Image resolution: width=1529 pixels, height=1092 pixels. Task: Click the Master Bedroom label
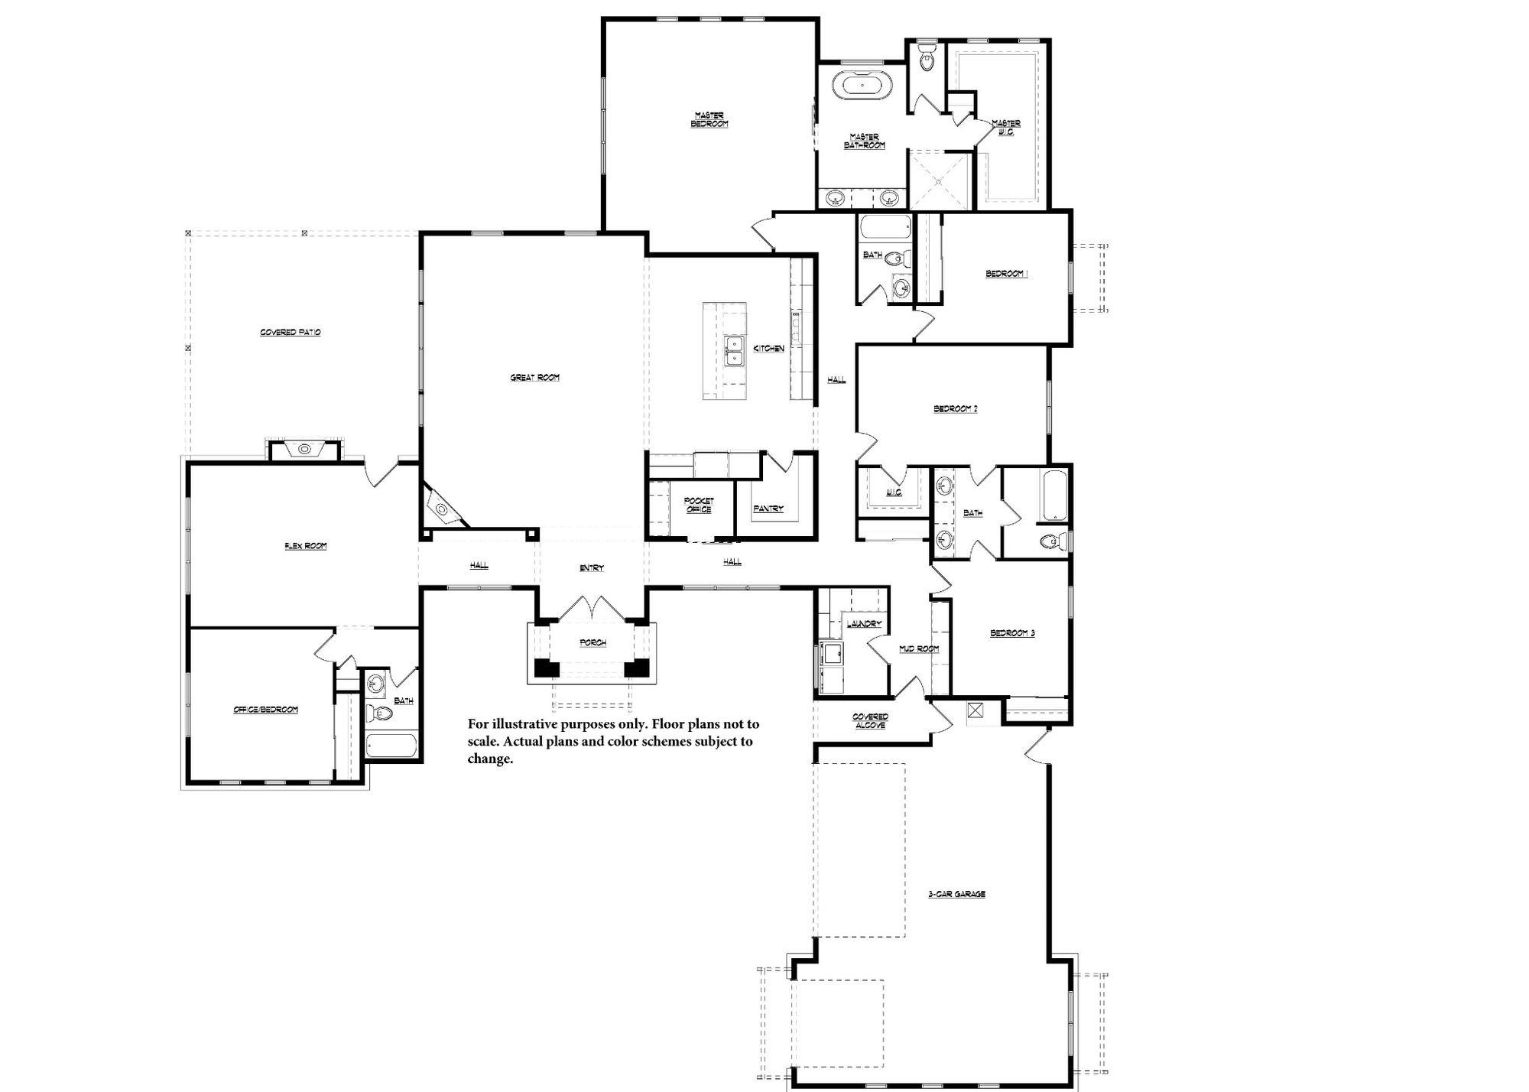(x=709, y=119)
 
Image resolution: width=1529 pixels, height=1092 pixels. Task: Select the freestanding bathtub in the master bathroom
(x=862, y=86)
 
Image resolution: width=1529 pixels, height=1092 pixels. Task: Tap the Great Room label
(x=535, y=377)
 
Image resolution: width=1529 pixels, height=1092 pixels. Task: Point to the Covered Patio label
(x=291, y=333)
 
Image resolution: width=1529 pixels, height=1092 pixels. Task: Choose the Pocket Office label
(x=699, y=505)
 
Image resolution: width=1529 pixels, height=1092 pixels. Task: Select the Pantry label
(x=768, y=509)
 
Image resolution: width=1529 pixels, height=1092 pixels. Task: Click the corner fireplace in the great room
(x=441, y=506)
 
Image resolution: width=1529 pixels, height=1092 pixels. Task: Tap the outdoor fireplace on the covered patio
(x=304, y=449)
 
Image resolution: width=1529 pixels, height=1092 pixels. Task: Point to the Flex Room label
(x=306, y=546)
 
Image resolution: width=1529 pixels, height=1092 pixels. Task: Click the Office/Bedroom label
(x=265, y=710)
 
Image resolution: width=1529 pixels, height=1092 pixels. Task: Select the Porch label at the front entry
(x=592, y=642)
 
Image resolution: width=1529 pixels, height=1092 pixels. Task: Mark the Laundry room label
(x=864, y=624)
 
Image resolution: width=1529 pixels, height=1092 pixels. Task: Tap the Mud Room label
(x=918, y=648)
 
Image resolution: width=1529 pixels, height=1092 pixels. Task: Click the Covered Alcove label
(x=870, y=720)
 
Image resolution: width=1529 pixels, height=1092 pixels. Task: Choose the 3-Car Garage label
(x=956, y=894)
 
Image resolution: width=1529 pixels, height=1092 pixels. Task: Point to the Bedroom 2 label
(x=956, y=408)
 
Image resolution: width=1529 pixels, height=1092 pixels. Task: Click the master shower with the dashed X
(x=940, y=180)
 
